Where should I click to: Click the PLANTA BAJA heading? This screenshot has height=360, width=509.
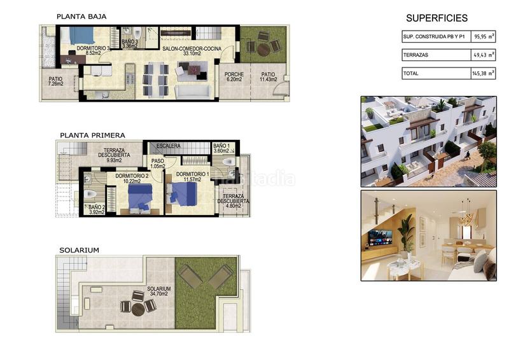[x=81, y=17]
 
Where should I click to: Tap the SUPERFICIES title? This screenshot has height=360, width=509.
[x=436, y=18]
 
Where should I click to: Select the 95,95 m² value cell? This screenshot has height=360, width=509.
[x=484, y=37]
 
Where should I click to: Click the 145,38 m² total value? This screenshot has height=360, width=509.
[x=484, y=74]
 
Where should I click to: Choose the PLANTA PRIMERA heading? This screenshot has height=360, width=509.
[x=92, y=135]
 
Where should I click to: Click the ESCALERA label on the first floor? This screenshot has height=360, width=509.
[x=169, y=146]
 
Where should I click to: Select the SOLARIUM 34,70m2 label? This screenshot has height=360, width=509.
[x=158, y=291]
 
